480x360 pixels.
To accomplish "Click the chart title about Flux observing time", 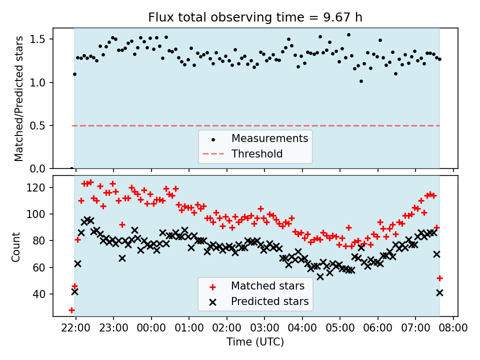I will click(255, 17).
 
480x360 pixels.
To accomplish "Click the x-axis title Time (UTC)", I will click(255, 342).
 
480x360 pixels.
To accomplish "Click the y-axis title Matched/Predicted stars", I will click(19, 98).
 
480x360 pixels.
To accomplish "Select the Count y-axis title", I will click(16, 246).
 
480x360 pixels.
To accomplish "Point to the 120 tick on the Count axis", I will click(39, 187).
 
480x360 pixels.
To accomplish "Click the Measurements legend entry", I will click(269, 138).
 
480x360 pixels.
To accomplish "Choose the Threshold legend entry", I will click(257, 154).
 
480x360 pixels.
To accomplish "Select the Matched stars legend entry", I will click(267, 286).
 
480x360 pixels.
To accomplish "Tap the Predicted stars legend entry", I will click(269, 302).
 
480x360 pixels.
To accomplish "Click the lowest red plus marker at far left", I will click(71, 310).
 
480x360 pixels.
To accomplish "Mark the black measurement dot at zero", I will click(71, 168).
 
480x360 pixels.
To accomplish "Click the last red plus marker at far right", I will click(439, 278).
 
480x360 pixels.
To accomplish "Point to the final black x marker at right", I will click(439, 292).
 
